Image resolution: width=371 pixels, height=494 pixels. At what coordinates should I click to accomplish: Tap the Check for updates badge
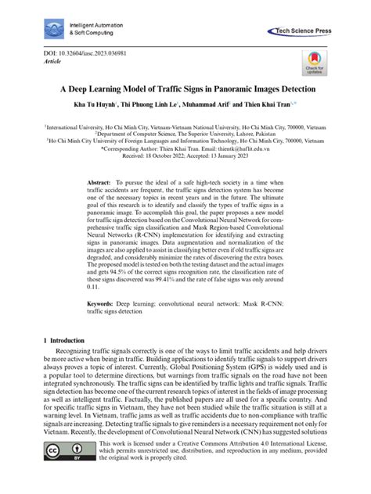tap(314, 64)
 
